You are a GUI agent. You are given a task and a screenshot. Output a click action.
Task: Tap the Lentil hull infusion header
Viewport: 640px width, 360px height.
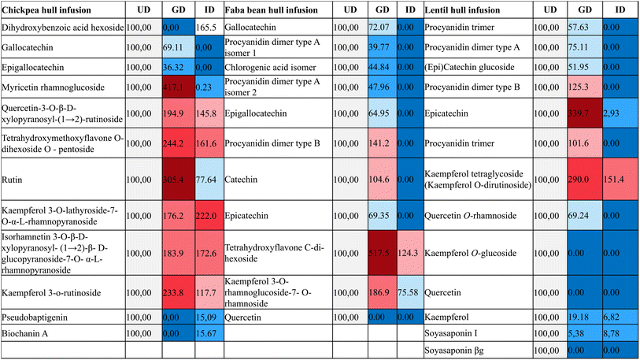[x=465, y=10]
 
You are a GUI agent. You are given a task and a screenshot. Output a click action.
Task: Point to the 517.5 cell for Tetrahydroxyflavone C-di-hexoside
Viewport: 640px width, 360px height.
[x=383, y=252]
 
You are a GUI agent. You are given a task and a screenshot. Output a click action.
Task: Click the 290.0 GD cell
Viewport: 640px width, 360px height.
[x=583, y=179]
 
